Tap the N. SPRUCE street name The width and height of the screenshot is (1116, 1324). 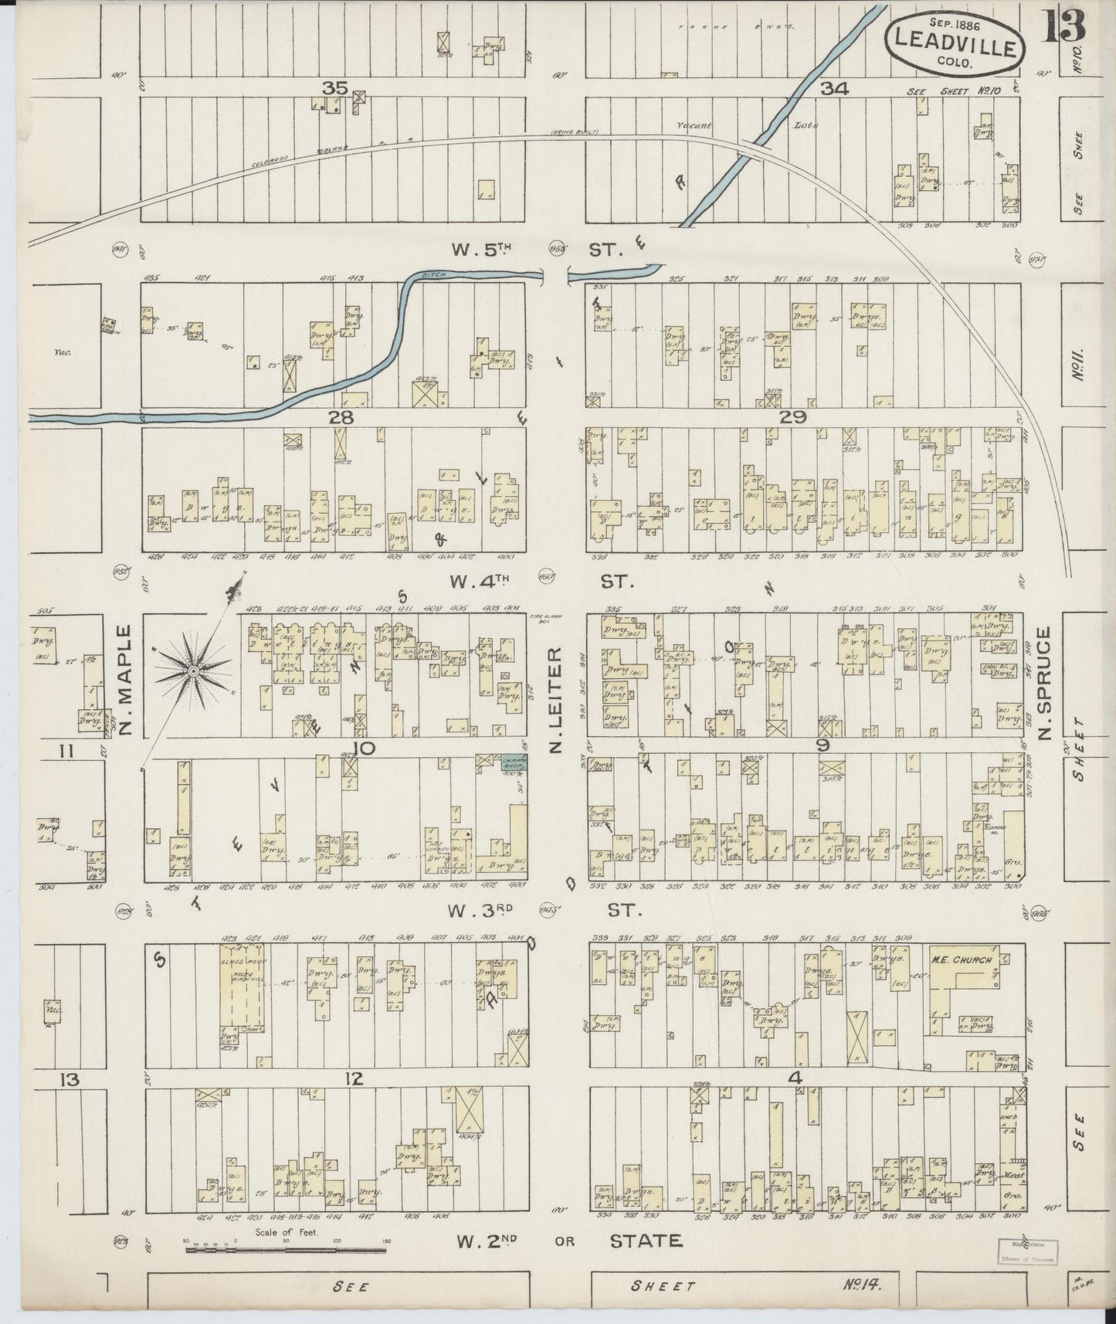pos(1044,683)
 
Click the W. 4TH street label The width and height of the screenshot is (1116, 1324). pos(484,582)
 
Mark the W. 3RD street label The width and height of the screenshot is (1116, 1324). pos(484,912)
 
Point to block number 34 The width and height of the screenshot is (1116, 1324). pos(834,89)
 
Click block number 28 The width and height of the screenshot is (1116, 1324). pos(340,418)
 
